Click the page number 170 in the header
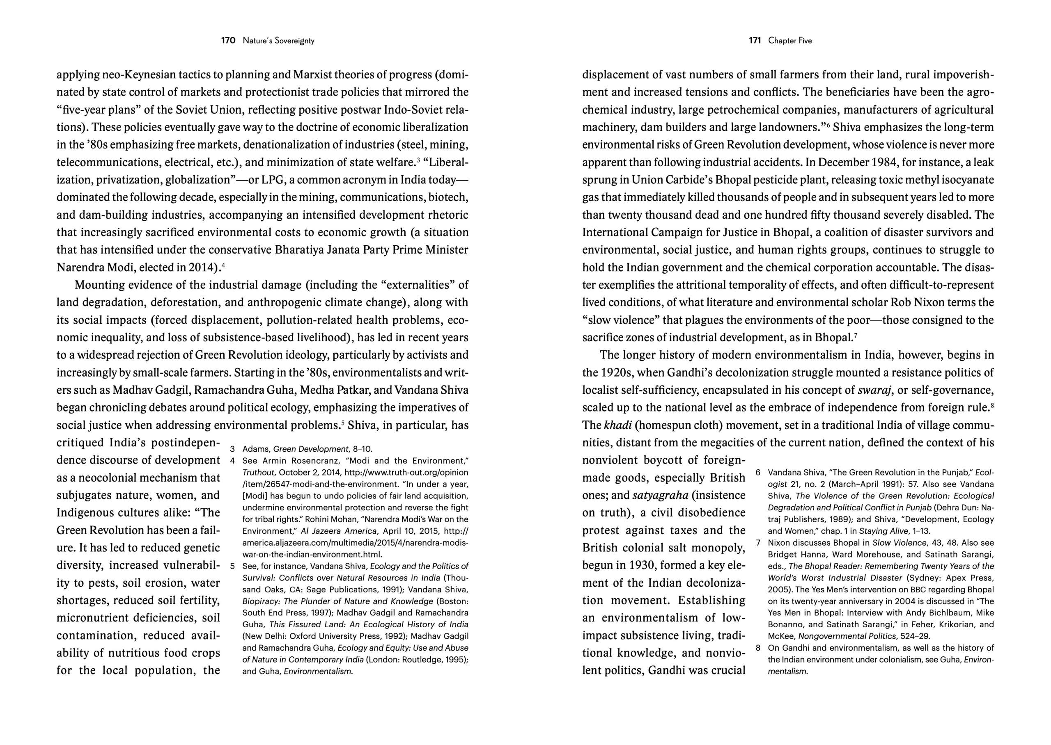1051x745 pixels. [x=228, y=40]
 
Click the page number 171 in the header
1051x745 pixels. [x=755, y=40]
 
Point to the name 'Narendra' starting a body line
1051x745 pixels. [x=78, y=267]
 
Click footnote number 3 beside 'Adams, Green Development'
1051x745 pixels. [x=233, y=449]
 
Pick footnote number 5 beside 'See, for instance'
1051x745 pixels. [x=233, y=566]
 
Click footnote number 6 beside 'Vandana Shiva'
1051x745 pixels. [x=758, y=473]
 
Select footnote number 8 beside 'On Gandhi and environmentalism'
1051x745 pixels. [x=758, y=648]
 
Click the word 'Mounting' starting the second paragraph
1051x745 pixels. [x=100, y=285]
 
